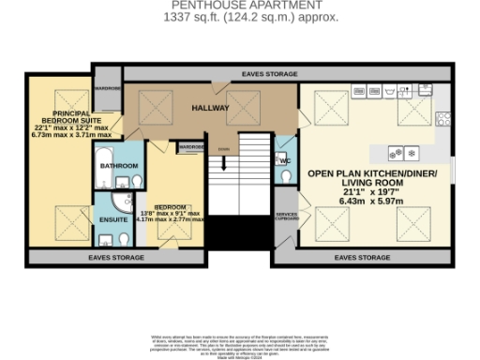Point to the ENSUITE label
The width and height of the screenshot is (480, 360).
[x=111, y=219]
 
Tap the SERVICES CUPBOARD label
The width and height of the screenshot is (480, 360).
[x=286, y=217]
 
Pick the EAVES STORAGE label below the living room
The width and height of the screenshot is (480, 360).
[x=361, y=256]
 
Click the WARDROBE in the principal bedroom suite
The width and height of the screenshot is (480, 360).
[x=108, y=89]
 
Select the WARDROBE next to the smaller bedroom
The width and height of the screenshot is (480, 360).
[x=191, y=147]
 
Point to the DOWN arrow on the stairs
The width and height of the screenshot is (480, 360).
[x=223, y=150]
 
